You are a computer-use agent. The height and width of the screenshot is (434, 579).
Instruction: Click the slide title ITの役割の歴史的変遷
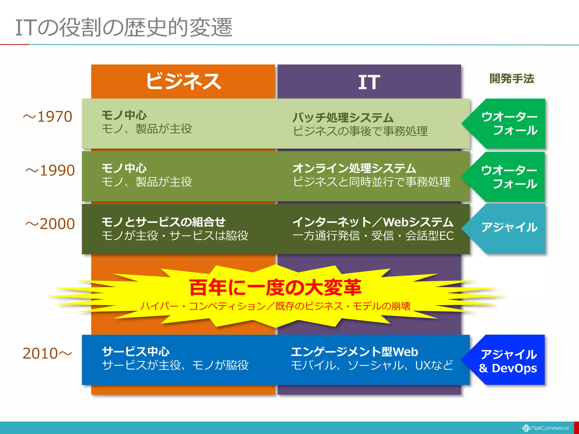click(x=124, y=27)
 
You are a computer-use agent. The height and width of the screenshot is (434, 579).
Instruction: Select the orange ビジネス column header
click(x=183, y=81)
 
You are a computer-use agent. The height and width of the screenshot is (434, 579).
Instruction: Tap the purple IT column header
click(x=369, y=82)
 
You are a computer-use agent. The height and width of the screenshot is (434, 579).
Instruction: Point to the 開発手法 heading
click(x=512, y=79)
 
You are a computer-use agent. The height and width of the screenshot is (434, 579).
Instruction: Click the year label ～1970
click(x=48, y=117)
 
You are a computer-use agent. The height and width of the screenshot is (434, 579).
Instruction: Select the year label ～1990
click(x=50, y=170)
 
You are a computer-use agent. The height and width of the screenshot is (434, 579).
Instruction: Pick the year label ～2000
click(x=50, y=224)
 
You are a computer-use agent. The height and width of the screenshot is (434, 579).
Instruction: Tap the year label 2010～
click(x=47, y=353)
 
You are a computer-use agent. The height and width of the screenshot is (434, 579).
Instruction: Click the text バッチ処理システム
click(x=343, y=118)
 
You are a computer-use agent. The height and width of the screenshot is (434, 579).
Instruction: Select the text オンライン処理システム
click(x=355, y=168)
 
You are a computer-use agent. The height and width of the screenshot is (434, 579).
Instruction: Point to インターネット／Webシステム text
click(x=373, y=222)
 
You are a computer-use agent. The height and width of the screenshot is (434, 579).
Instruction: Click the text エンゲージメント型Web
click(x=355, y=352)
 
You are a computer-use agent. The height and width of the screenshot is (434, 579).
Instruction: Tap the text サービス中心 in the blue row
click(x=136, y=352)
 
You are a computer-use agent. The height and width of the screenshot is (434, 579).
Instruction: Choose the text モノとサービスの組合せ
click(x=163, y=222)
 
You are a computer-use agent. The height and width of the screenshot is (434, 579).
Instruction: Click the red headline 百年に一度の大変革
click(x=275, y=288)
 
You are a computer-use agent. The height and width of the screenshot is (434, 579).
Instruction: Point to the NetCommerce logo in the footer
click(x=546, y=428)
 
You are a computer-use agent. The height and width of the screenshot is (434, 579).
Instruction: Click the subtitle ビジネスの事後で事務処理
click(x=360, y=131)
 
